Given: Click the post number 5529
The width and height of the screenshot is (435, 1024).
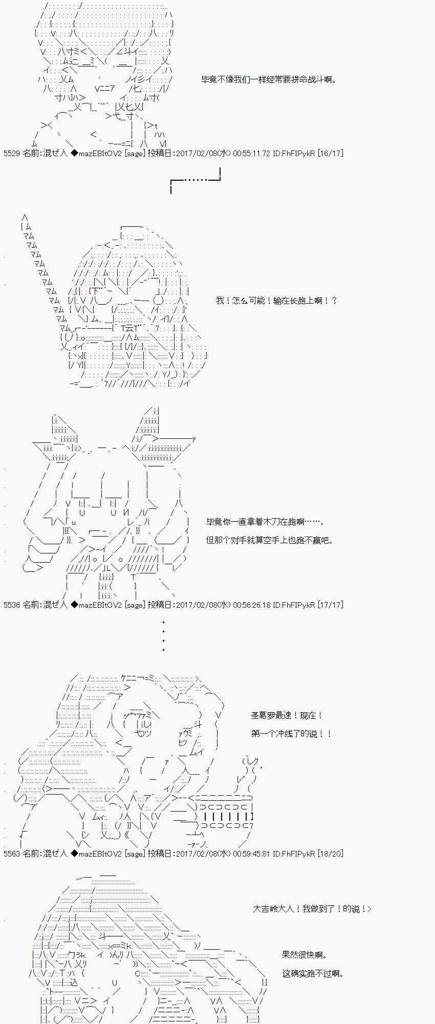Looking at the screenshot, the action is point(12,153).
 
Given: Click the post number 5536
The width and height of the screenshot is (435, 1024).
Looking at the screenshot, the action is point(12,605).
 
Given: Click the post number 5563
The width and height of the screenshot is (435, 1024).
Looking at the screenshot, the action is point(12,854).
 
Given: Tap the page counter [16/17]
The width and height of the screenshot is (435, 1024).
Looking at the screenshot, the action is point(330,153).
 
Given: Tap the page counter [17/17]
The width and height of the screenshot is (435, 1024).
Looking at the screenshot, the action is point(330,605).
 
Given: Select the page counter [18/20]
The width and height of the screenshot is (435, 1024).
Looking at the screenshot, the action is point(330,854).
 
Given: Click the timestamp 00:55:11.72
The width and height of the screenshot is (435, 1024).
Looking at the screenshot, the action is point(251,153).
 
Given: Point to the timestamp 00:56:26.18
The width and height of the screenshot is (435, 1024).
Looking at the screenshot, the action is point(251,605).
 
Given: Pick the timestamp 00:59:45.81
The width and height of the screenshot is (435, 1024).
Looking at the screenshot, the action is point(251,854).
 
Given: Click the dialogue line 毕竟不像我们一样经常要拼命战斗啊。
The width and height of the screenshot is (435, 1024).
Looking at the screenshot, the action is point(269,80).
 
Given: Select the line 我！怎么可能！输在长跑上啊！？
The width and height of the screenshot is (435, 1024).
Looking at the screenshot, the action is point(276,301).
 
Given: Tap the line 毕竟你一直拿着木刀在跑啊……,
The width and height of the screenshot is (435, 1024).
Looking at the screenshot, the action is point(265,522).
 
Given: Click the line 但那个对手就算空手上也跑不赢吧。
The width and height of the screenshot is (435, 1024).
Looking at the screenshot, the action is point(270,540).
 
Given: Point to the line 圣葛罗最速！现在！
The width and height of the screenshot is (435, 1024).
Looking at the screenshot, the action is point(287,715).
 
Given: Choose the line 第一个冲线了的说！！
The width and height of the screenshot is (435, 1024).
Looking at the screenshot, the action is point(291,734).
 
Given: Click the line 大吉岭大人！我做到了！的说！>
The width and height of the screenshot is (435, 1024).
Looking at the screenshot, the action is point(312,909).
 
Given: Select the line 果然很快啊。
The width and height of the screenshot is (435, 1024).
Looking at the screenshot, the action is point(304,955).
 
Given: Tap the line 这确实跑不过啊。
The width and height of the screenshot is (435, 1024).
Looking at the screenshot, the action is point(313,973).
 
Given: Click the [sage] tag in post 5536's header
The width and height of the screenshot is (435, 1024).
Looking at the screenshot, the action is point(135,605).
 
